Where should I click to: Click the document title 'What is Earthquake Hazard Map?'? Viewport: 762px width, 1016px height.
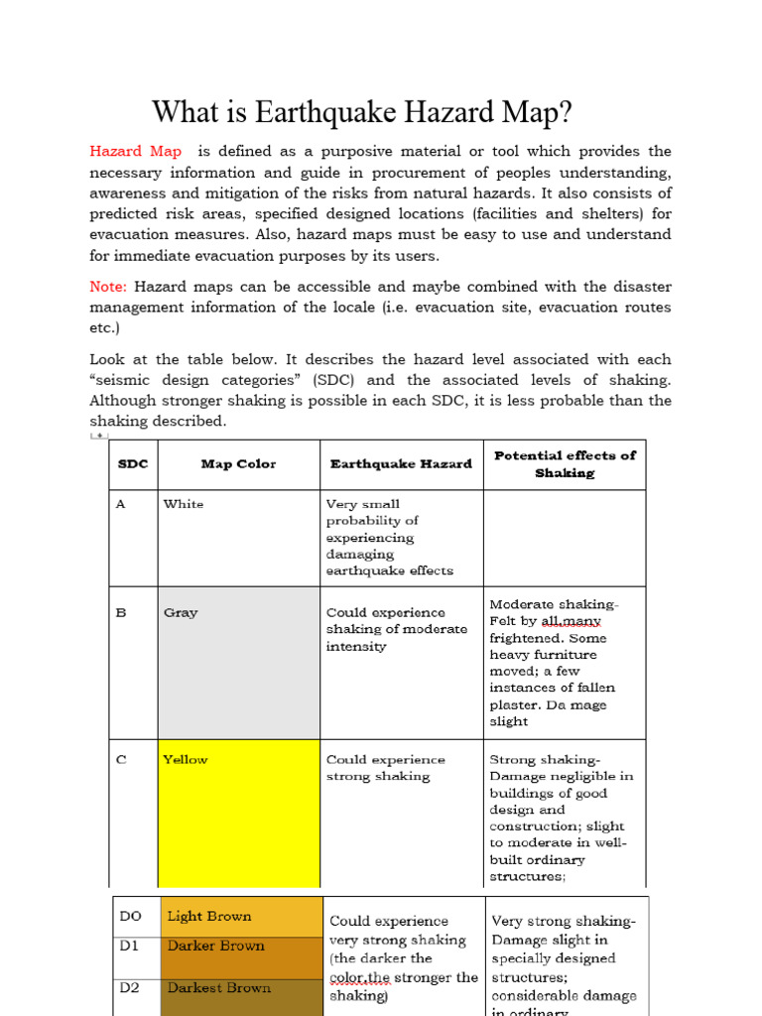[x=361, y=112]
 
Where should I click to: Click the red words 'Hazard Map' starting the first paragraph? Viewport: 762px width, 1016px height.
[x=136, y=152]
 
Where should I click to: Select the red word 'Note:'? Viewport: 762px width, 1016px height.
[x=108, y=287]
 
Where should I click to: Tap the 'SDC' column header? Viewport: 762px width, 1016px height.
[x=133, y=464]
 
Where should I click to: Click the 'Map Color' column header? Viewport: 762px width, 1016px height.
[x=238, y=464]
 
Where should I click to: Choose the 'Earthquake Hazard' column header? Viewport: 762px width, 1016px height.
[x=401, y=464]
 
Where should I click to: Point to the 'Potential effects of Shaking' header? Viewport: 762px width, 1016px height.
[x=564, y=464]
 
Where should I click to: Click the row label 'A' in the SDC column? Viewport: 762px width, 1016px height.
[x=121, y=504]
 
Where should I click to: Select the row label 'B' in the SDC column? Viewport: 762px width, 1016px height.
[x=121, y=613]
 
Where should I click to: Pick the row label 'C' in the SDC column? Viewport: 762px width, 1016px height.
[x=121, y=760]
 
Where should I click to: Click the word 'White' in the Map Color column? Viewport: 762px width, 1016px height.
[x=184, y=504]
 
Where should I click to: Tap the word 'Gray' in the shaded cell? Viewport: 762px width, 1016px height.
[x=181, y=613]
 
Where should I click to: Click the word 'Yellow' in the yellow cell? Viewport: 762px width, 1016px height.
[x=186, y=760]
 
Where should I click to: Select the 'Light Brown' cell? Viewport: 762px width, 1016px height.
[x=209, y=917]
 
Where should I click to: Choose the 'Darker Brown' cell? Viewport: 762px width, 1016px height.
[x=215, y=946]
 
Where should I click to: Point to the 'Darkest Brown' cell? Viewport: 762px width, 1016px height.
[x=218, y=988]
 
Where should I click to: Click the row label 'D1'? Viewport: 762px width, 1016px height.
[x=130, y=946]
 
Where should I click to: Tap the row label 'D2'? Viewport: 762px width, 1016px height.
[x=130, y=988]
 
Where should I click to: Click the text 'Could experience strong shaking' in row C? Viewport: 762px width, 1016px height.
[x=385, y=768]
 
